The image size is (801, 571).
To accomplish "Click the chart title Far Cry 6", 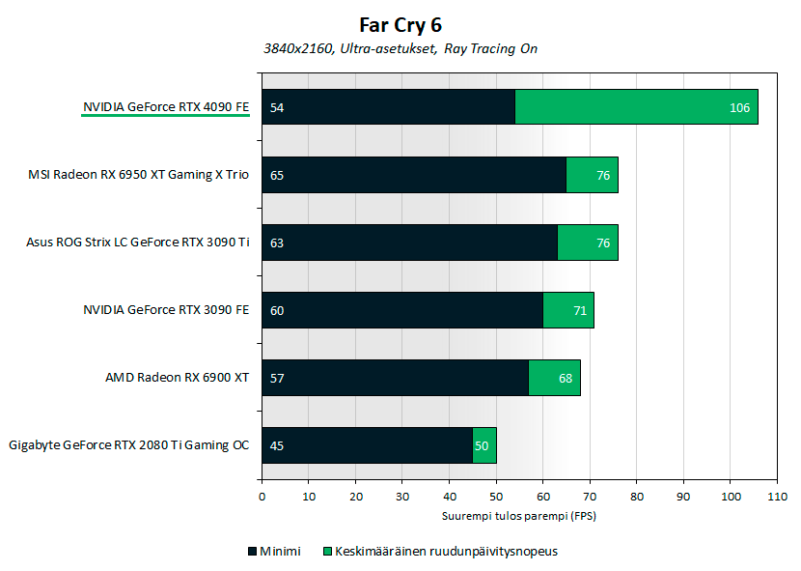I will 400,25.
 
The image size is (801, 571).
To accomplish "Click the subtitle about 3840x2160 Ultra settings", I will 400,48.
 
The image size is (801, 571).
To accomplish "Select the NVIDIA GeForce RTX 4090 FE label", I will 166,107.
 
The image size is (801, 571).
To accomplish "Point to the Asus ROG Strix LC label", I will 138,243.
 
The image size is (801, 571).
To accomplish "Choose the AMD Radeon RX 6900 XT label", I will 178,378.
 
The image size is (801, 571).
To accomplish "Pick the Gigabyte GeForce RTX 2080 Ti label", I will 129,445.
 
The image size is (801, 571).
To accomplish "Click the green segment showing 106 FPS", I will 636,107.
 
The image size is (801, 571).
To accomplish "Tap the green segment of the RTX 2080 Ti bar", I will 484,445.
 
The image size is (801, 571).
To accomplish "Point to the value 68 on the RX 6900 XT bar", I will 566,378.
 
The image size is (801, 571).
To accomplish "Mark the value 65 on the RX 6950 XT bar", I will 277,175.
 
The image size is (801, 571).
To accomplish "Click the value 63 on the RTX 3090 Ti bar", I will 277,243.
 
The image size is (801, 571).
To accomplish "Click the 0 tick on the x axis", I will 262,497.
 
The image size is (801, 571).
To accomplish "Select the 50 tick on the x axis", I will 496,497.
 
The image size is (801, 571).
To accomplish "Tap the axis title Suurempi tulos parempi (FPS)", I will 519,516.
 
